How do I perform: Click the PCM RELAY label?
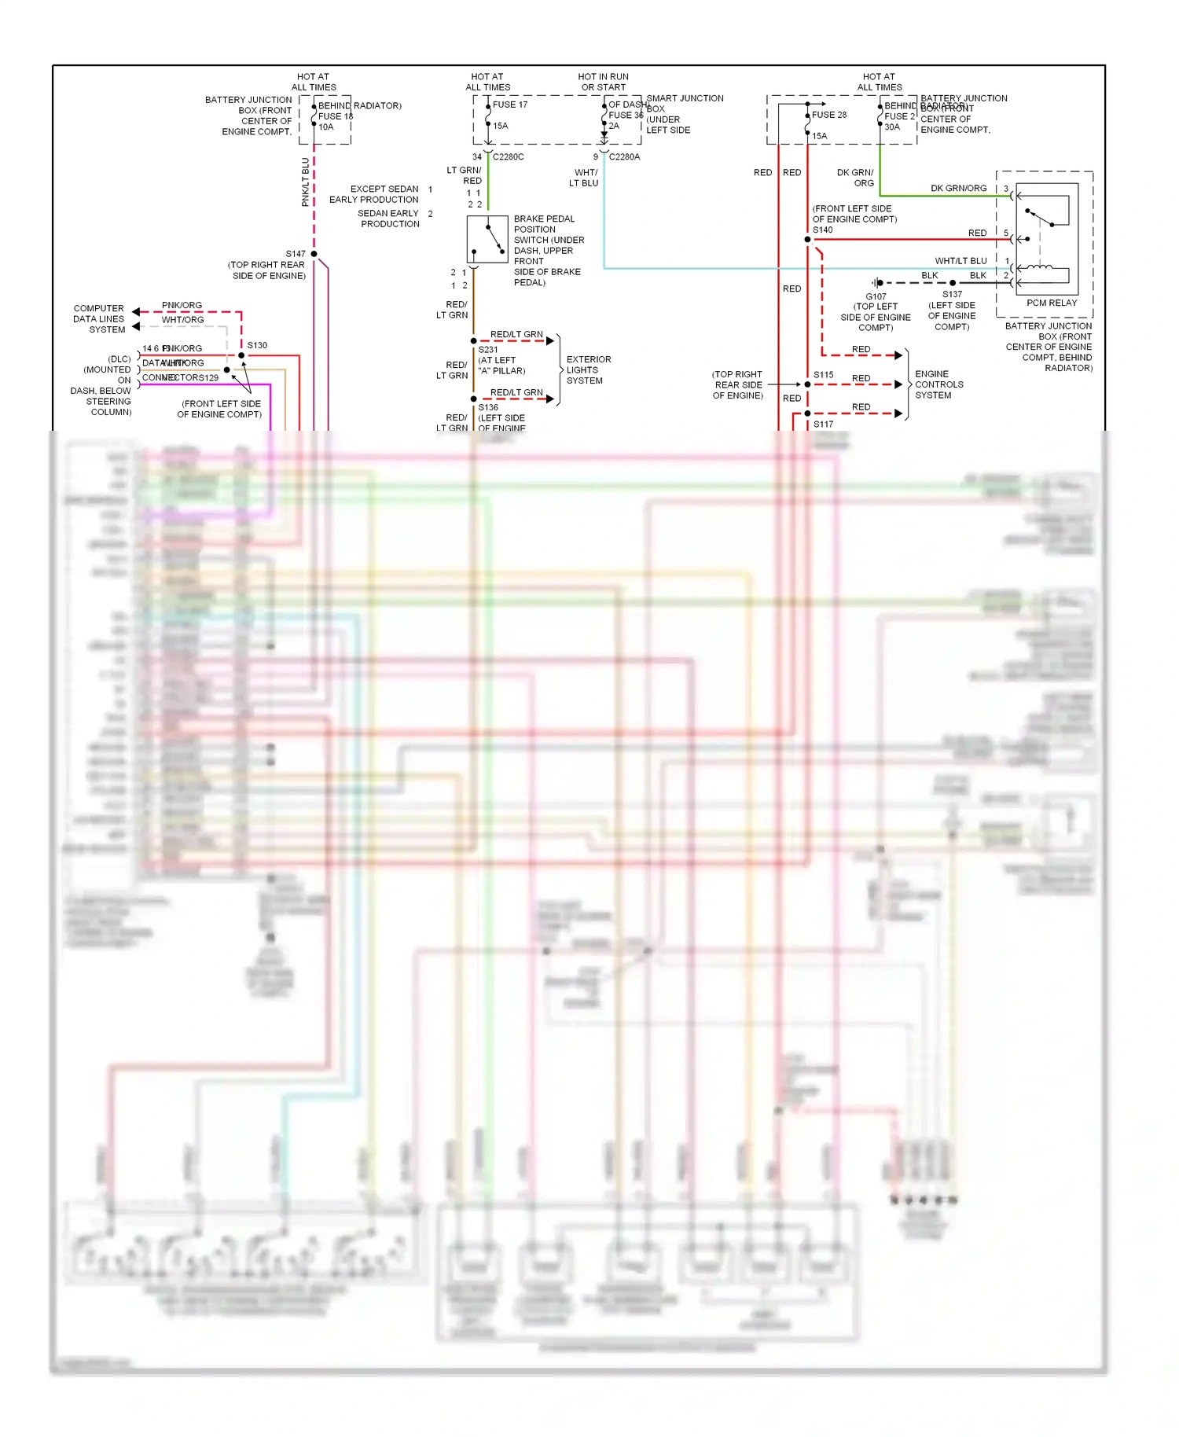click(1051, 303)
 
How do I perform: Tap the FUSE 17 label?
click(510, 105)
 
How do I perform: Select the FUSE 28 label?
click(829, 115)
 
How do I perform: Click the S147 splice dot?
click(314, 254)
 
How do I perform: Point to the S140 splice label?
click(822, 230)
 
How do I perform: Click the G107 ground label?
click(876, 296)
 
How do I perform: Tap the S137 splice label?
click(952, 295)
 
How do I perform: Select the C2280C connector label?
click(508, 157)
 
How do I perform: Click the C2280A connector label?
click(624, 157)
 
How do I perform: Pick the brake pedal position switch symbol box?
click(487, 240)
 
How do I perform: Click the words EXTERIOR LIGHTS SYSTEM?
click(588, 369)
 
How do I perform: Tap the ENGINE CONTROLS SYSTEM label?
click(938, 384)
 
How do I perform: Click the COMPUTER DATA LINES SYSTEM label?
click(99, 319)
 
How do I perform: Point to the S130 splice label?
click(257, 345)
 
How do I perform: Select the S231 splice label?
click(487, 350)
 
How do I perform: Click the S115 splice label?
click(823, 375)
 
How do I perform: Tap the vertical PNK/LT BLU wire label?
click(306, 182)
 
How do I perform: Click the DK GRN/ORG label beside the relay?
click(958, 189)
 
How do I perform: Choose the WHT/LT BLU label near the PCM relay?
click(960, 261)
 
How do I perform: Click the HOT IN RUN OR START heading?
click(603, 82)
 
